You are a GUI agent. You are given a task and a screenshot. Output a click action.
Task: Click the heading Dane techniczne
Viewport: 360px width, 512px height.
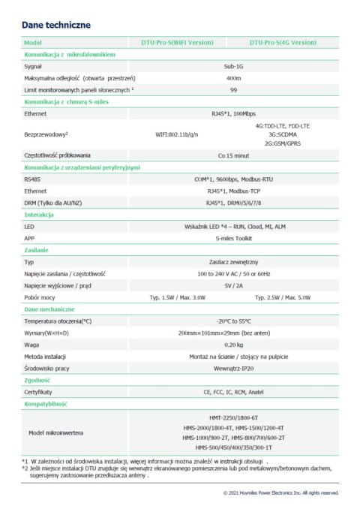coord(57,25)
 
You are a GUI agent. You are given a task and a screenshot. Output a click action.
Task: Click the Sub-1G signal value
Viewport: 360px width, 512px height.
coord(232,67)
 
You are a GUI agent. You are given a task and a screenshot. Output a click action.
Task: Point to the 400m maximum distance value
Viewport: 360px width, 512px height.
coord(232,78)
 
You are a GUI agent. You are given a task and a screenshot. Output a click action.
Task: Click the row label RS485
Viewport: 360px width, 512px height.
coord(33,180)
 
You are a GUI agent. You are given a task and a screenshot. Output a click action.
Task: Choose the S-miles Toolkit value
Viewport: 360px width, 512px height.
coord(232,238)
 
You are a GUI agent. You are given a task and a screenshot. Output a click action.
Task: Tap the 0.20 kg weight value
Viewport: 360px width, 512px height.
coord(232,345)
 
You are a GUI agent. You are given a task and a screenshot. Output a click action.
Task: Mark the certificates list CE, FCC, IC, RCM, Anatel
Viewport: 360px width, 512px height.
coord(232,392)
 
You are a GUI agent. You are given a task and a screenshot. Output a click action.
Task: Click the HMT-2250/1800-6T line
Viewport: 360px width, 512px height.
coord(232,417)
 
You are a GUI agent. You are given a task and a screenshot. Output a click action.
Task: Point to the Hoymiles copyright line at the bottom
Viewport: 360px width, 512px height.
coord(281,493)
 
